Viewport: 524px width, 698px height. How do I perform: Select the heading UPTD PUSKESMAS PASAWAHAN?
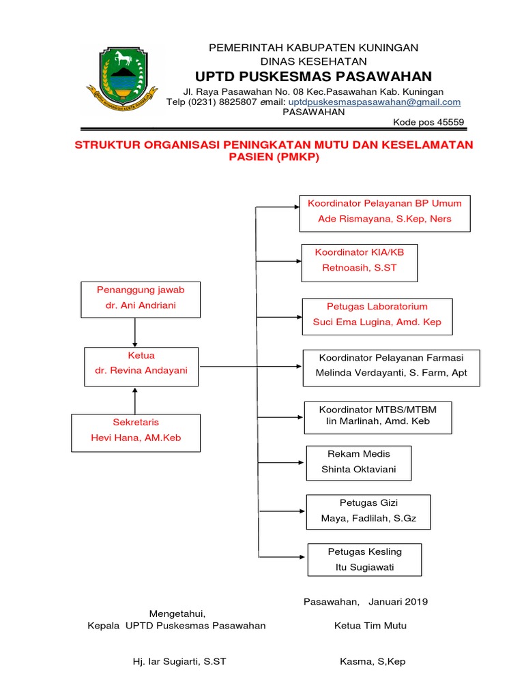(x=313, y=76)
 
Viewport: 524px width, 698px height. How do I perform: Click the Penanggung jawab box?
(x=141, y=298)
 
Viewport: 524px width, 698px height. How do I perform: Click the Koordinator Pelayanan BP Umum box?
(x=384, y=211)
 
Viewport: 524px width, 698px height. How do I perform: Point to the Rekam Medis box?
(x=358, y=463)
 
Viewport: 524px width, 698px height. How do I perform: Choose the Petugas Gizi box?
(x=368, y=511)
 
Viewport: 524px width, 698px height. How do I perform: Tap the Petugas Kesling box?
(x=364, y=559)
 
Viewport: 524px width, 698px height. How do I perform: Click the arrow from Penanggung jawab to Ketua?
(x=135, y=332)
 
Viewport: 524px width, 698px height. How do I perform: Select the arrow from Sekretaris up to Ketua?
(x=135, y=399)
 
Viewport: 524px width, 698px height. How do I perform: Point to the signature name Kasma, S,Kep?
(x=372, y=662)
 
